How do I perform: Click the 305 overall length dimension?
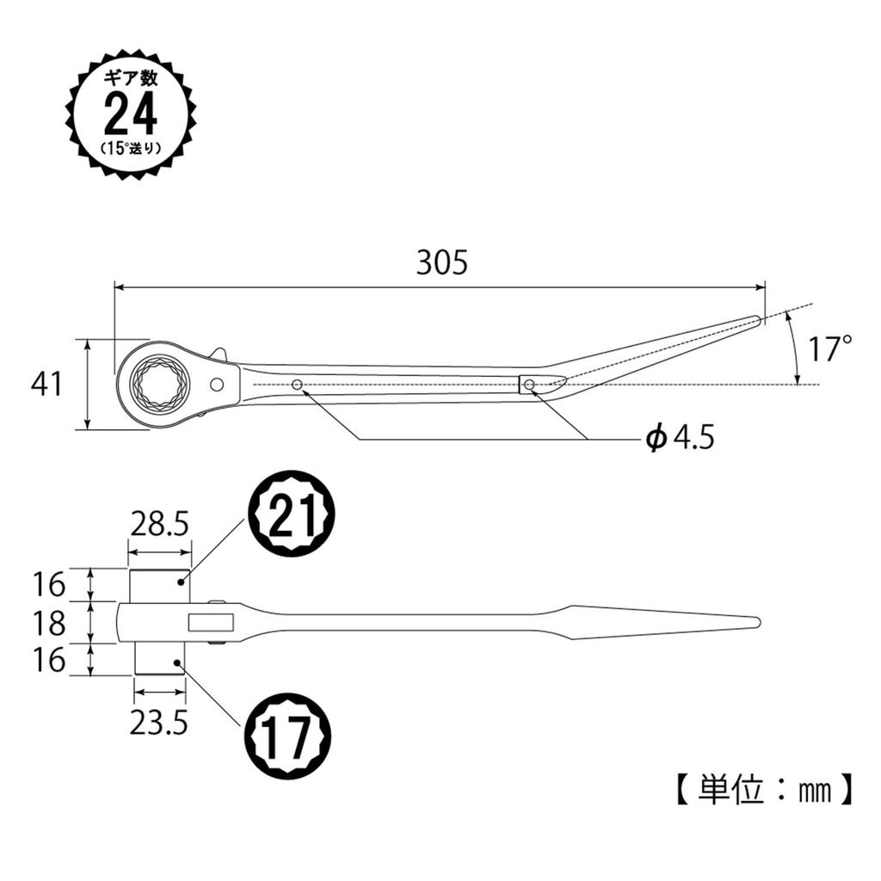tap(441, 263)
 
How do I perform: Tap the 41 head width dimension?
tap(47, 384)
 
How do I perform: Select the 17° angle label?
tap(831, 348)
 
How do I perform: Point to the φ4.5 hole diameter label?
tap(681, 439)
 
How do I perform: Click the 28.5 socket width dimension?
tap(159, 523)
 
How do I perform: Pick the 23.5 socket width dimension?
tap(158, 723)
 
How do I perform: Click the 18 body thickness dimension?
tap(51, 622)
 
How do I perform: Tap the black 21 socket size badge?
tap(292, 514)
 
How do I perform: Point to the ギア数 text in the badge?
tap(131, 78)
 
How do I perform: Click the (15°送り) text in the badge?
tap(131, 147)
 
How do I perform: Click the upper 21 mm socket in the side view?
tap(160, 585)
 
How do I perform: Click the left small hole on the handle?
tap(297, 385)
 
